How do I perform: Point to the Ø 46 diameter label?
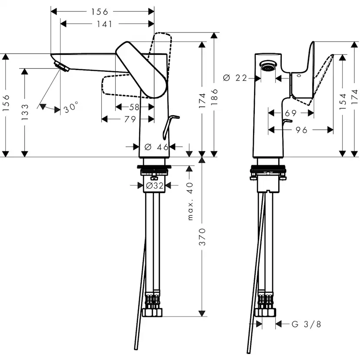click(x=157, y=147)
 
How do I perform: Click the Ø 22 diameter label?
click(x=235, y=78)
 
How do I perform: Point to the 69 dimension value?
click(x=290, y=113)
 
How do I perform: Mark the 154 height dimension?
click(x=343, y=101)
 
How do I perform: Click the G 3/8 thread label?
click(x=306, y=324)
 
